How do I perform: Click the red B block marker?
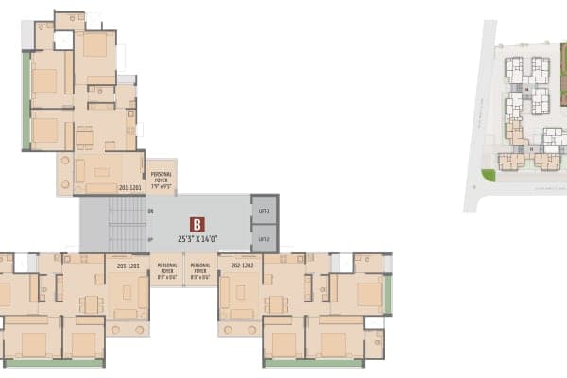198,224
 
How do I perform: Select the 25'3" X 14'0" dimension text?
197,241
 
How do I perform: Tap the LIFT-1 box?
265,210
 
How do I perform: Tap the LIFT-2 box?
265,239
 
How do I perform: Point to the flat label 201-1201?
129,188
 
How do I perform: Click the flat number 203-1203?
128,266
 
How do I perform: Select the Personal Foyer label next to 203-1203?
167,271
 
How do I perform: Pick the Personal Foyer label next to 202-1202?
200,271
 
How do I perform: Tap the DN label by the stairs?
151,211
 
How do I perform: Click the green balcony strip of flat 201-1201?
26,99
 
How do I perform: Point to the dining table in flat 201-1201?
85,137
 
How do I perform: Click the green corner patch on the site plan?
488,175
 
